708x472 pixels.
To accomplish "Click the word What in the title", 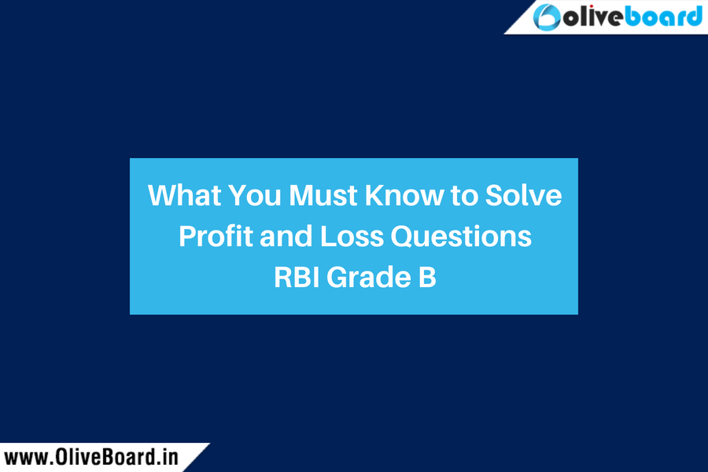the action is tap(184, 195).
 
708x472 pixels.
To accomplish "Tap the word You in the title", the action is tap(255, 195).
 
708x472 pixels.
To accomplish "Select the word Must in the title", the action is tap(323, 195).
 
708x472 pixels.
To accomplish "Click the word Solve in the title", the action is tap(523, 195).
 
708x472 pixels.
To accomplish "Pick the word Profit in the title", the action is tap(216, 236).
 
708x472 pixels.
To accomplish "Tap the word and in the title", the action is tap(286, 236).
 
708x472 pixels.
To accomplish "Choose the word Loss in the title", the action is tap(352, 236).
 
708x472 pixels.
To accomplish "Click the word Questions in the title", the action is tap(461, 236).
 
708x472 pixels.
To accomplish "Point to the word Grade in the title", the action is tap(369, 277).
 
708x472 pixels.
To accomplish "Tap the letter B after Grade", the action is tap(427, 277).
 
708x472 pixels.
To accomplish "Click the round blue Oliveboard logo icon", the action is tap(547, 17).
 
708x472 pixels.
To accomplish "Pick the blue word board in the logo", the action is tap(663, 17).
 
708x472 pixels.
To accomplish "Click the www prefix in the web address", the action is tap(26, 459).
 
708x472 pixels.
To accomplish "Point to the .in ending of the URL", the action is tap(168, 458).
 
